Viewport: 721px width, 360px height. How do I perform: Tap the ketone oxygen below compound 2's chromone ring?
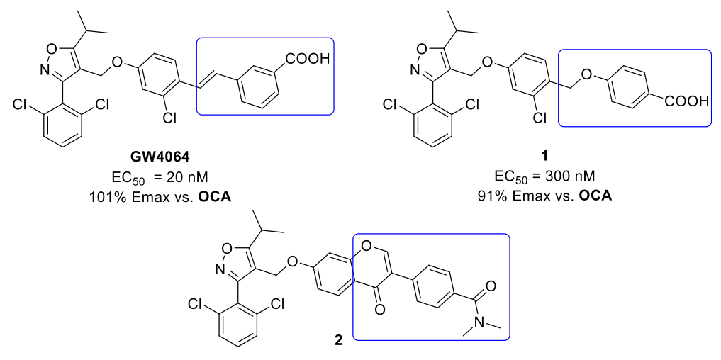[x=379, y=308]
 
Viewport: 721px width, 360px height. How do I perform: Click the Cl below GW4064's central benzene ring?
[x=169, y=119]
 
